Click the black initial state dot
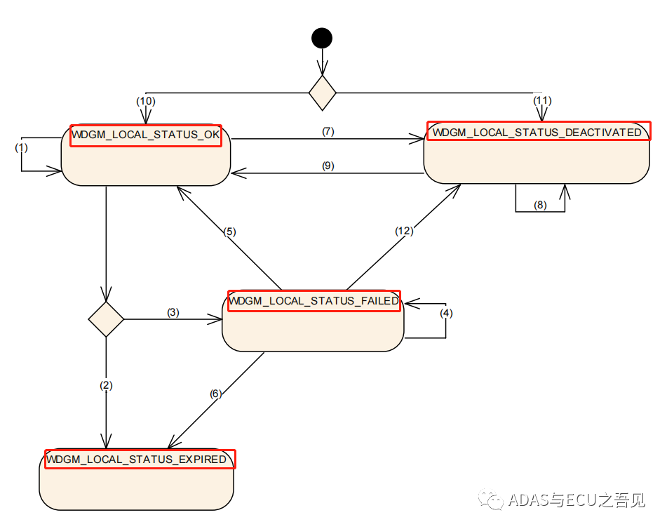(x=322, y=38)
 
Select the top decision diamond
(x=323, y=93)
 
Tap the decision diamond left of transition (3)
(x=106, y=319)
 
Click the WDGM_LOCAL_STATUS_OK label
(x=146, y=135)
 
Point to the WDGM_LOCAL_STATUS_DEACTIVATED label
(x=538, y=131)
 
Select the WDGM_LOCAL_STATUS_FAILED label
(x=314, y=301)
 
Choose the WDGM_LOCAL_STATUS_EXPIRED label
(x=140, y=460)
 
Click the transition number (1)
(x=21, y=148)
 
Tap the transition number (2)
(x=106, y=385)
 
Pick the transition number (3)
(x=173, y=312)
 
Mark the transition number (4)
(x=446, y=313)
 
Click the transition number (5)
(x=231, y=232)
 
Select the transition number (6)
(x=216, y=394)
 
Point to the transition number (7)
(x=328, y=131)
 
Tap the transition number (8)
(x=539, y=206)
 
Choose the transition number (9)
(x=328, y=166)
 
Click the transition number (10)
(x=145, y=100)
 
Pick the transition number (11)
(x=542, y=100)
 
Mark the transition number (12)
(x=403, y=230)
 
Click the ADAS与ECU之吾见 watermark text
(x=575, y=500)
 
